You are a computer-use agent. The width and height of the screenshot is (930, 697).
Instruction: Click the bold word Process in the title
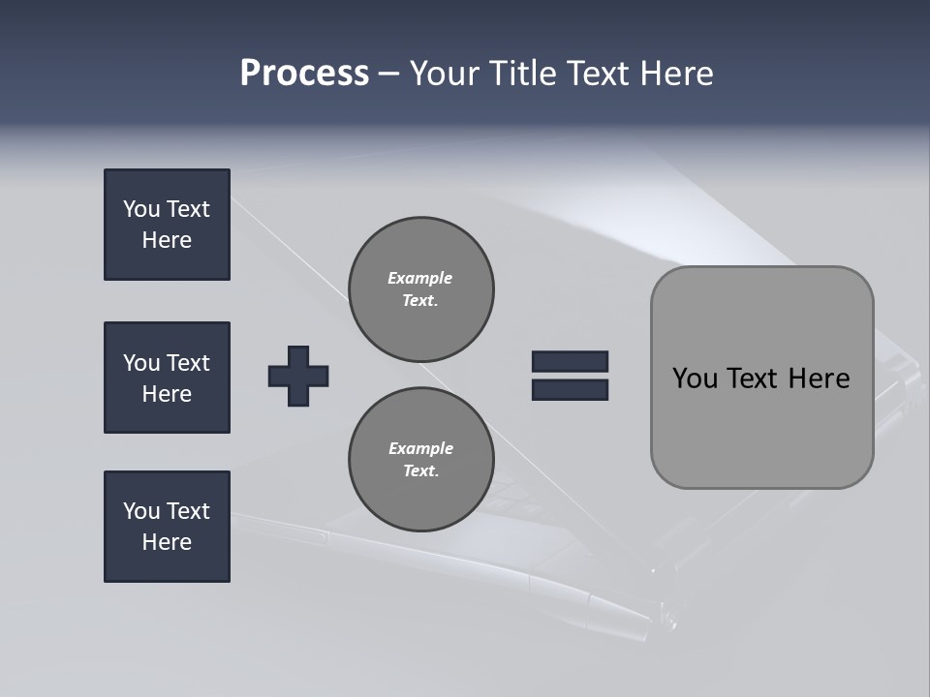click(x=304, y=74)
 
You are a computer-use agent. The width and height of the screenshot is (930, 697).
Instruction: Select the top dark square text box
click(x=167, y=225)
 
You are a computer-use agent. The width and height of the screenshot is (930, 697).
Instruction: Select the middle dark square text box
click(x=167, y=378)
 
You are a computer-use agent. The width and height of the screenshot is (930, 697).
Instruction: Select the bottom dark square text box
click(x=167, y=527)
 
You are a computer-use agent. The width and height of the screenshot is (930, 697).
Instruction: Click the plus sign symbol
click(x=298, y=376)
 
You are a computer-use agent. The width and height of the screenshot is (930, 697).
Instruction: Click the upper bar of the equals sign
click(x=570, y=361)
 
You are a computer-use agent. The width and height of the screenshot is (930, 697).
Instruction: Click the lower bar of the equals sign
click(x=570, y=390)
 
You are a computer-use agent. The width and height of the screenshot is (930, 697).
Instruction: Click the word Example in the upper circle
click(x=420, y=278)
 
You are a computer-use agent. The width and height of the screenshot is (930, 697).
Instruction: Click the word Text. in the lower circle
click(x=420, y=471)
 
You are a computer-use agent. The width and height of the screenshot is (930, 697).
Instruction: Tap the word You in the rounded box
click(x=695, y=379)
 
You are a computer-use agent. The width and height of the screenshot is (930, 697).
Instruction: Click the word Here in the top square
click(x=167, y=240)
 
